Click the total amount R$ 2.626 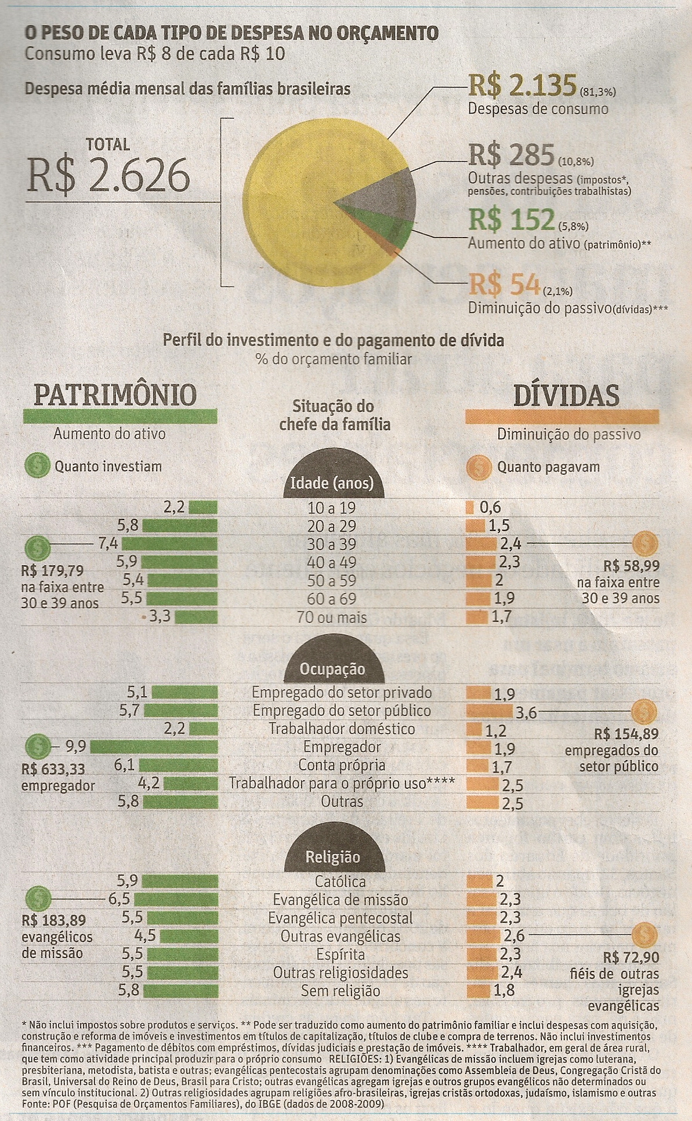coord(108,174)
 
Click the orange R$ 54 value coord(504,284)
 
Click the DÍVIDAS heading coord(566,395)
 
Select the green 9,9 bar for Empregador coord(154,747)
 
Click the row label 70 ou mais coord(332,618)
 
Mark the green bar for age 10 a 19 coord(203,508)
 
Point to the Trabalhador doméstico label coord(342,729)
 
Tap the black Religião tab coord(333,857)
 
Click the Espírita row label coord(340,955)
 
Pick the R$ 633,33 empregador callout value coord(53,770)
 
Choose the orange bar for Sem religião coord(478,991)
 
